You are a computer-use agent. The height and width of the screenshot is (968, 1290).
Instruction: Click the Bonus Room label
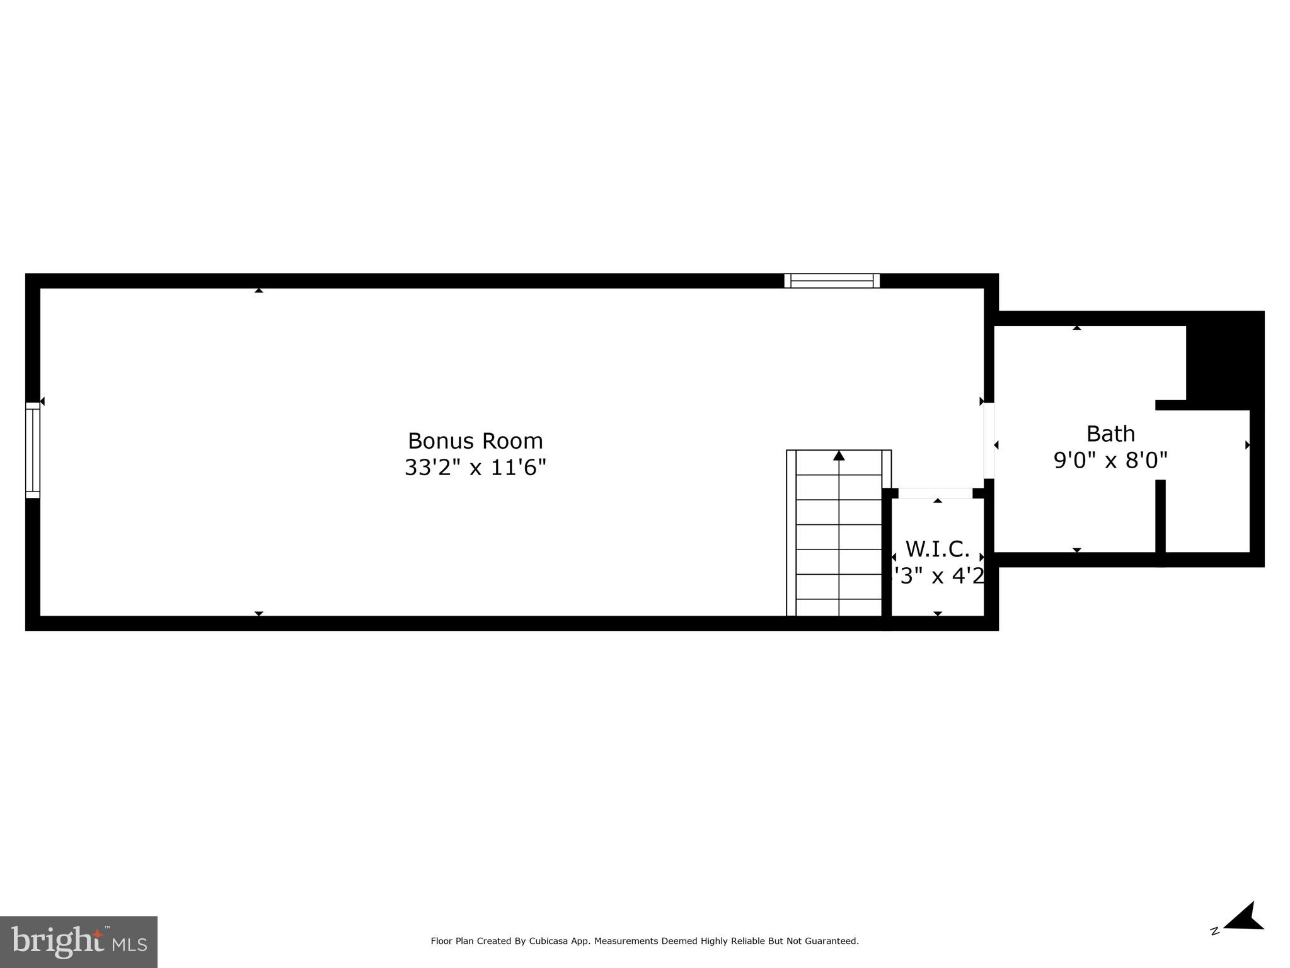[x=475, y=441]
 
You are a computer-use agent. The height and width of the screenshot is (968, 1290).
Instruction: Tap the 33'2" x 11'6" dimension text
[x=475, y=468]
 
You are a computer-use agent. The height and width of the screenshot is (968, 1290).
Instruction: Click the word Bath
[x=1110, y=434]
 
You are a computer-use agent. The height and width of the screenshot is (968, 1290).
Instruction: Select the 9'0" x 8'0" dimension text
[x=1110, y=460]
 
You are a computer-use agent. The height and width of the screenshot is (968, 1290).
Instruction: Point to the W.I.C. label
[x=937, y=549]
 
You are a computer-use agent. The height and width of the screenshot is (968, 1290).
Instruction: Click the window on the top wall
[x=832, y=281]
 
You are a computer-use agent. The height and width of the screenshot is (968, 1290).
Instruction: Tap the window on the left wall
[x=33, y=450]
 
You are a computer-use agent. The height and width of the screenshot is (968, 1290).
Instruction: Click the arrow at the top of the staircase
[x=839, y=456]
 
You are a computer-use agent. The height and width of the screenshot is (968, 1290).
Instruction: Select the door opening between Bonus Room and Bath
[x=989, y=441]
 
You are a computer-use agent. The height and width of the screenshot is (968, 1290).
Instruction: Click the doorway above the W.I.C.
[x=935, y=493]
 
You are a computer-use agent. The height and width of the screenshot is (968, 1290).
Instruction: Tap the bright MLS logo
[x=79, y=942]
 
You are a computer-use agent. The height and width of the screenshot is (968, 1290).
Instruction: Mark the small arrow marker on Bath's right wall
[x=1247, y=445]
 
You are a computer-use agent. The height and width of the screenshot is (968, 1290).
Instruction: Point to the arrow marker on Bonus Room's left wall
[x=42, y=401]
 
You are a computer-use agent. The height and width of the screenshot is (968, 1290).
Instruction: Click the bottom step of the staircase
[x=839, y=608]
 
